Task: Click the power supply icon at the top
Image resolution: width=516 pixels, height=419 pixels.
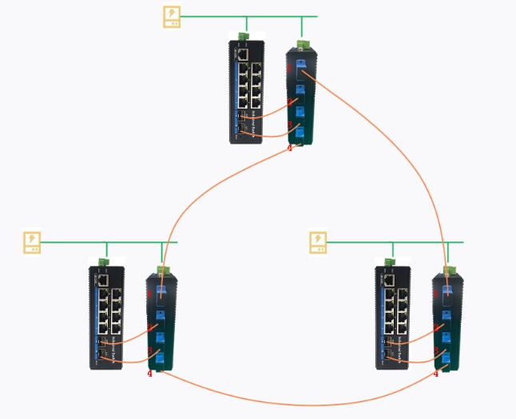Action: tap(172, 17)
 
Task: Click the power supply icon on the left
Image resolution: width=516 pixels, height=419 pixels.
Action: tap(32, 243)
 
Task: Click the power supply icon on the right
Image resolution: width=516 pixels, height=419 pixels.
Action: tap(318, 243)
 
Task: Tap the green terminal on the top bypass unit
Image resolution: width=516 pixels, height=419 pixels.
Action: tap(303, 45)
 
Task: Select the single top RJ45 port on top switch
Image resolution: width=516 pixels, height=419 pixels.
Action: tap(241, 55)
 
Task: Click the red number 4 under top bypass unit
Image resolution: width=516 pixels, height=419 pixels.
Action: tap(290, 148)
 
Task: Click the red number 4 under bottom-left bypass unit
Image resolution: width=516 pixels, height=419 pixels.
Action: tap(149, 374)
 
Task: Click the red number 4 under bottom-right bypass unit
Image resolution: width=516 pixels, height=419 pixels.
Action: tap(435, 374)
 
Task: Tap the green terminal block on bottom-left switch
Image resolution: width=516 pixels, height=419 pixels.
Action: tap(103, 262)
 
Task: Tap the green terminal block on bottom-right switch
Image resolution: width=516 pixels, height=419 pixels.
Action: tap(390, 262)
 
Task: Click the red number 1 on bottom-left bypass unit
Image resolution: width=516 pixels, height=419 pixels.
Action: tap(149, 294)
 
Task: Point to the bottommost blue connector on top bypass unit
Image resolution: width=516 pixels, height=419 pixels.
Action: tap(300, 132)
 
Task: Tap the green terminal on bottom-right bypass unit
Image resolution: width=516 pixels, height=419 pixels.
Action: tap(450, 271)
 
